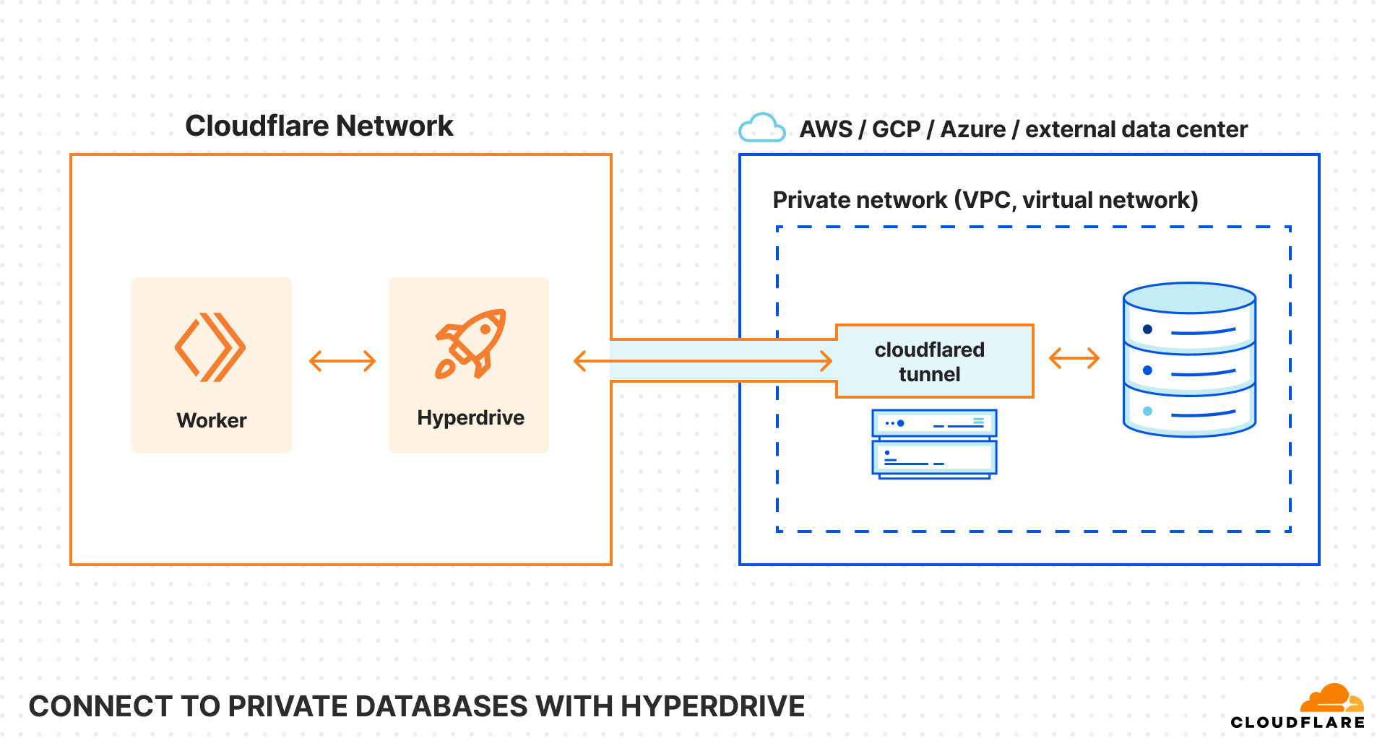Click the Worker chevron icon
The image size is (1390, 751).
pyautogui.click(x=210, y=347)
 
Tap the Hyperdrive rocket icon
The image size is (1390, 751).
pyautogui.click(x=470, y=344)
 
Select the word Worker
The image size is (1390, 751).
pyautogui.click(x=212, y=420)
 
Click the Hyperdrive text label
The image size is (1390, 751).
pyautogui.click(x=470, y=417)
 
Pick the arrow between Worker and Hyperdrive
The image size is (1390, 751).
pyautogui.click(x=342, y=361)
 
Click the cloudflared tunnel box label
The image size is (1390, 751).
pyautogui.click(x=929, y=362)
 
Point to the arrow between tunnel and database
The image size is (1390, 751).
pyautogui.click(x=1074, y=357)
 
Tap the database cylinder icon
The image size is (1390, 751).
pyautogui.click(x=1189, y=360)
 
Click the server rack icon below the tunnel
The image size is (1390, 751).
pyautogui.click(x=934, y=443)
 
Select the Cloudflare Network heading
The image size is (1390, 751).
pyautogui.click(x=319, y=126)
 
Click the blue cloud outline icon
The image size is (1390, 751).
pyautogui.click(x=761, y=128)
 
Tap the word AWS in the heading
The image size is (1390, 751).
pyautogui.click(x=826, y=129)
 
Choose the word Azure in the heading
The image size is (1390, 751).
pyautogui.click(x=972, y=129)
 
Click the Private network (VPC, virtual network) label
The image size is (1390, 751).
pyautogui.click(x=985, y=200)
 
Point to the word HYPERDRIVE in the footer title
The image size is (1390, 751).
pyautogui.click(x=712, y=706)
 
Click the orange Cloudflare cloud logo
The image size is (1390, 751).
pyautogui.click(x=1331, y=698)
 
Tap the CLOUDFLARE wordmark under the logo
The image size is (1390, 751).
pyautogui.click(x=1298, y=722)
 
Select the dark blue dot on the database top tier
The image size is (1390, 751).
pyautogui.click(x=1147, y=329)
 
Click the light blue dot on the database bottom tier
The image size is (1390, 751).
pyautogui.click(x=1147, y=412)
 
